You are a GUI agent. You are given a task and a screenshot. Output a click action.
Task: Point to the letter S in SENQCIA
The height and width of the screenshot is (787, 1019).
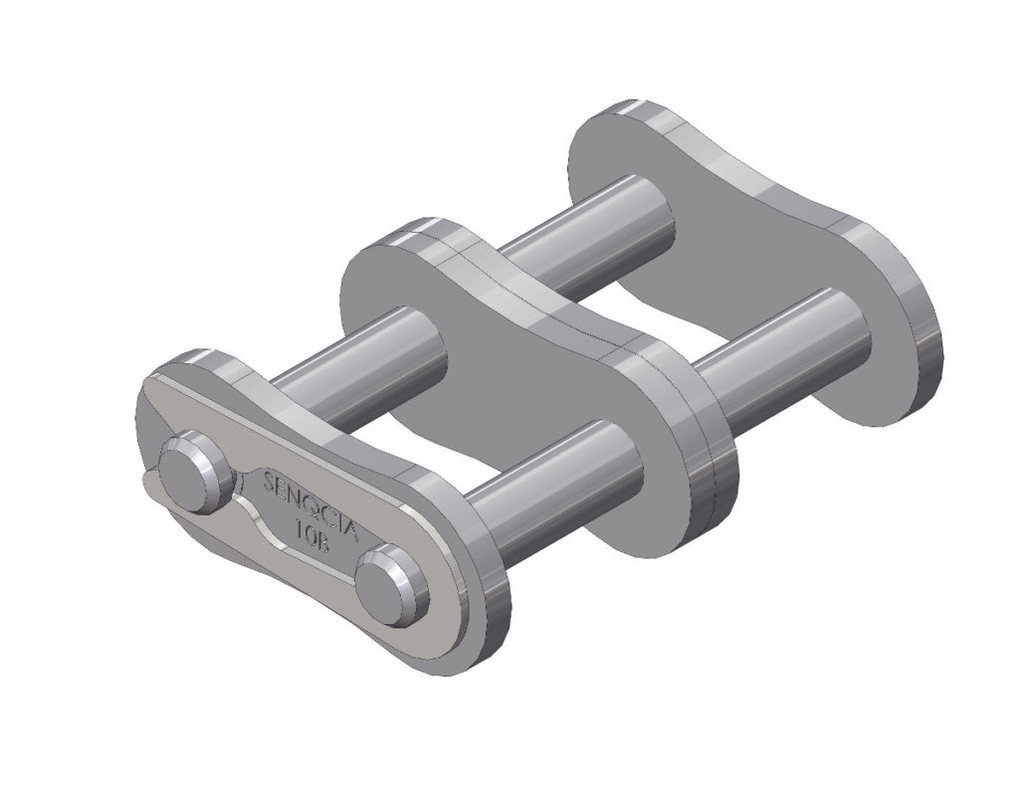coord(269,480)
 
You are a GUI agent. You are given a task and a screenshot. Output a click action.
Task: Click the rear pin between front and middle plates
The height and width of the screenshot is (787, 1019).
coord(358,348)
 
